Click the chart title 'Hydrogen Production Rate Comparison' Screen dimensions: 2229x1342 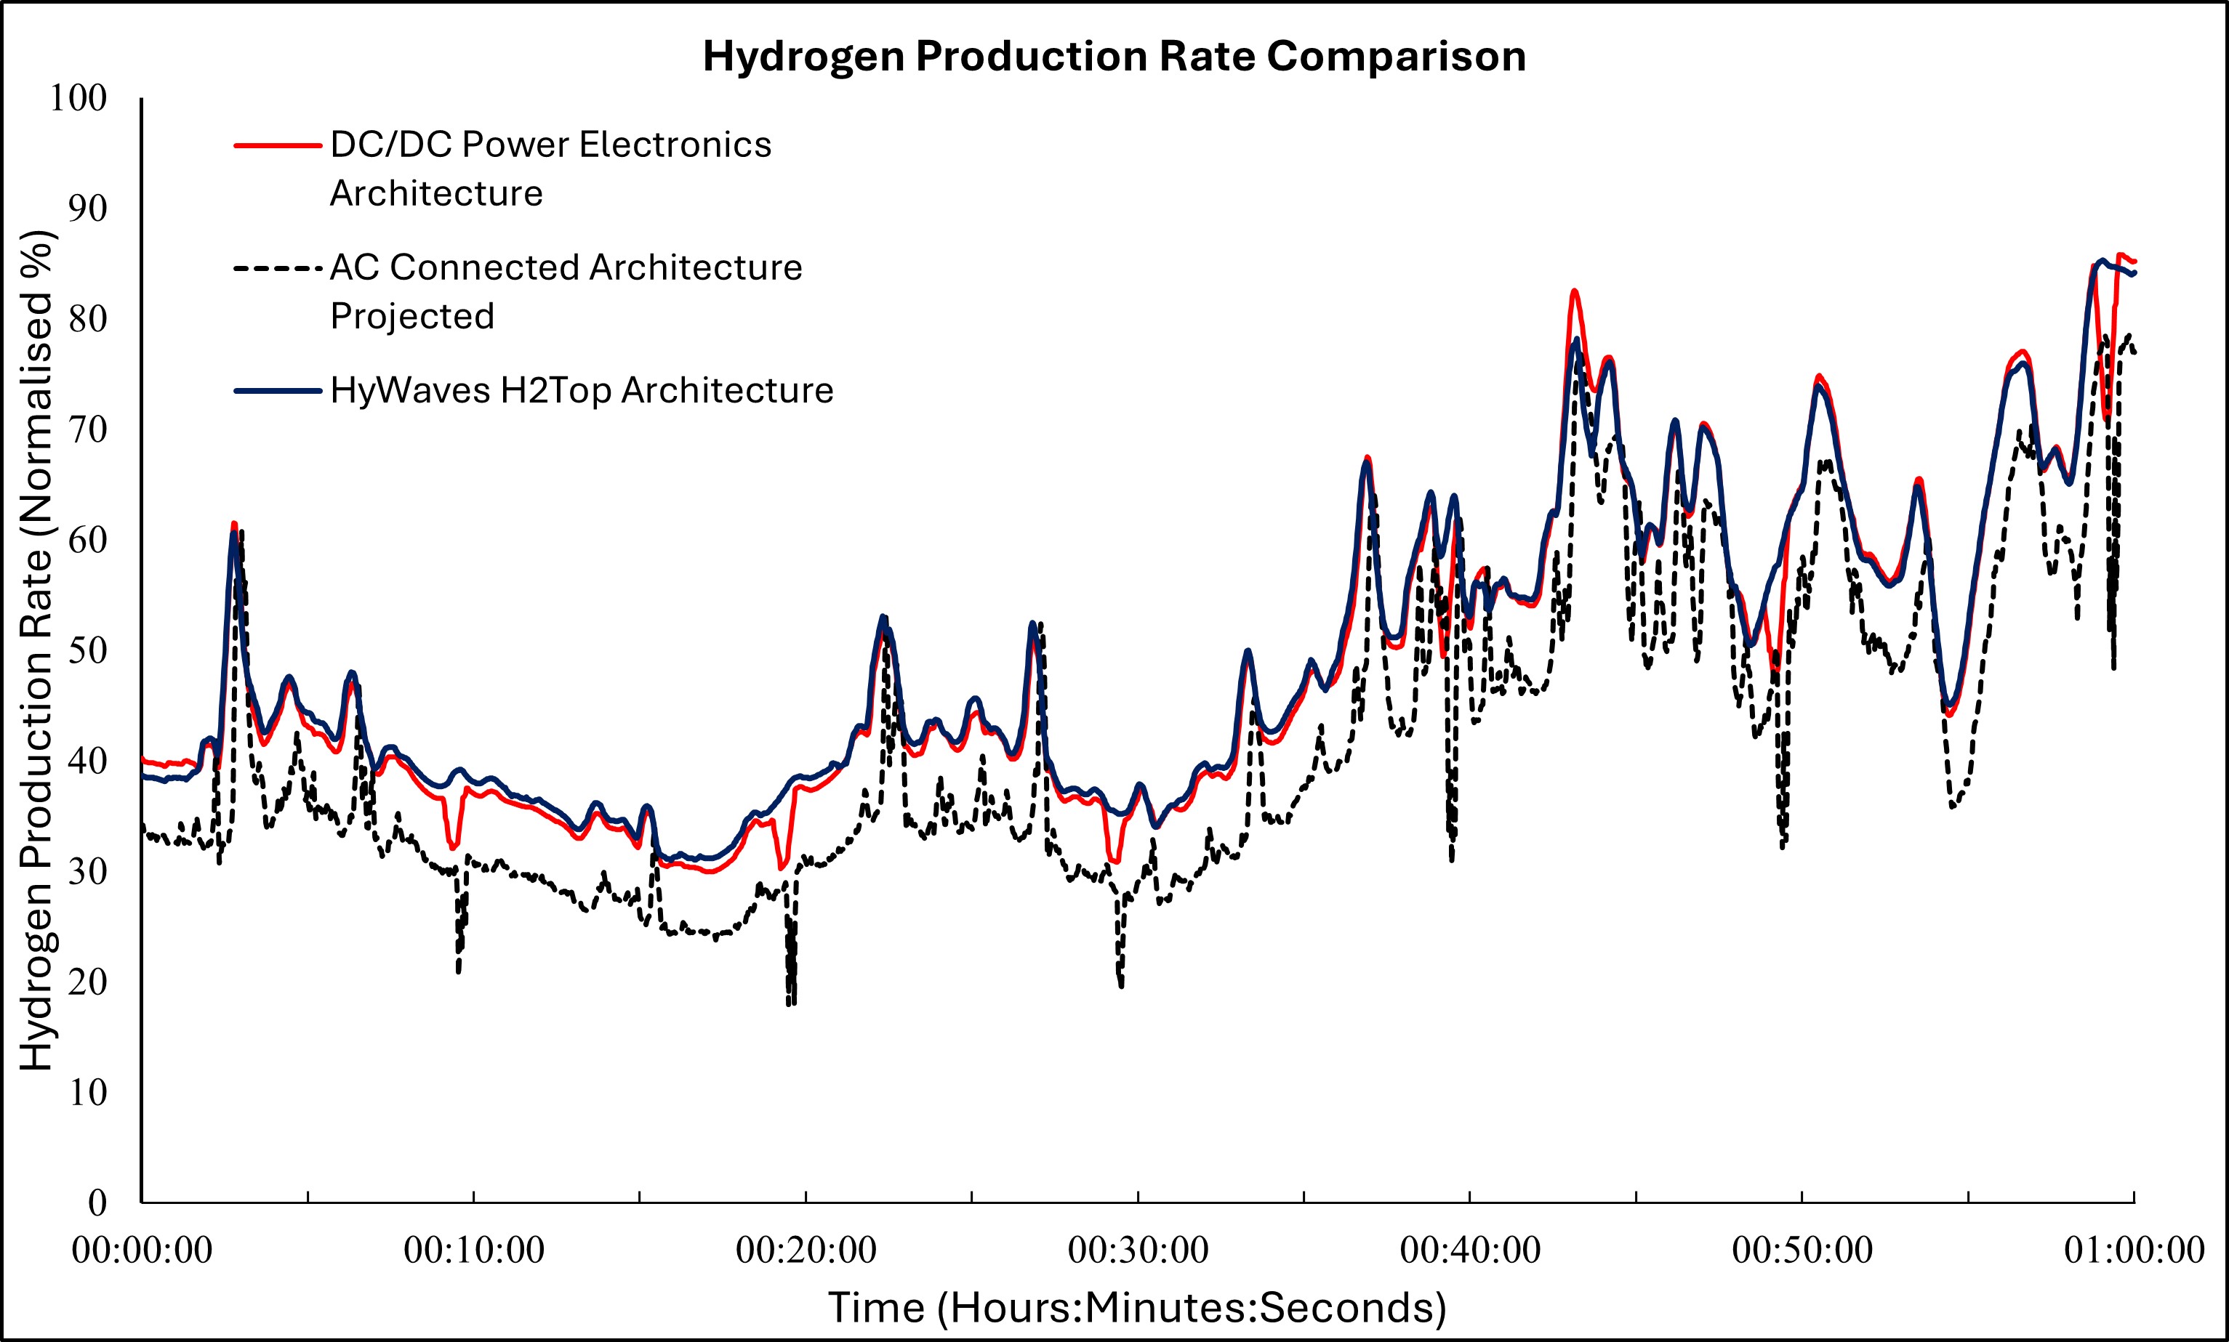[x=1114, y=56]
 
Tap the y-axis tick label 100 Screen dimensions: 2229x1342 [x=78, y=97]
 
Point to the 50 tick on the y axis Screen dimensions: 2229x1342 [x=88, y=650]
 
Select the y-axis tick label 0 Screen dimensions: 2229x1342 [x=97, y=1202]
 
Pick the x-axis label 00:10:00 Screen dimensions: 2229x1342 [x=474, y=1250]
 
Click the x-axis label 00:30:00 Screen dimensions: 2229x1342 [x=1138, y=1250]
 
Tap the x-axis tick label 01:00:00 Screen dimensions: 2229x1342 [x=2134, y=1250]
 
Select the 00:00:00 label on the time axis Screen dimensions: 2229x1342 [x=142, y=1250]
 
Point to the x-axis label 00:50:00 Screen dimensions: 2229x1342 [x=1802, y=1250]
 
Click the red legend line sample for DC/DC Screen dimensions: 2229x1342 [x=278, y=145]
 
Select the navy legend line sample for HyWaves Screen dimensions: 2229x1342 [x=278, y=392]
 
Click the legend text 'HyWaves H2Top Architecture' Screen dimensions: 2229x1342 [x=582, y=391]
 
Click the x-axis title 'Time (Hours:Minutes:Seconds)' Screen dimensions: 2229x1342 [x=1137, y=1308]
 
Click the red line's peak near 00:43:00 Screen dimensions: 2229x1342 [x=1575, y=291]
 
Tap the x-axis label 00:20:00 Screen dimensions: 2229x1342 [x=806, y=1250]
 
